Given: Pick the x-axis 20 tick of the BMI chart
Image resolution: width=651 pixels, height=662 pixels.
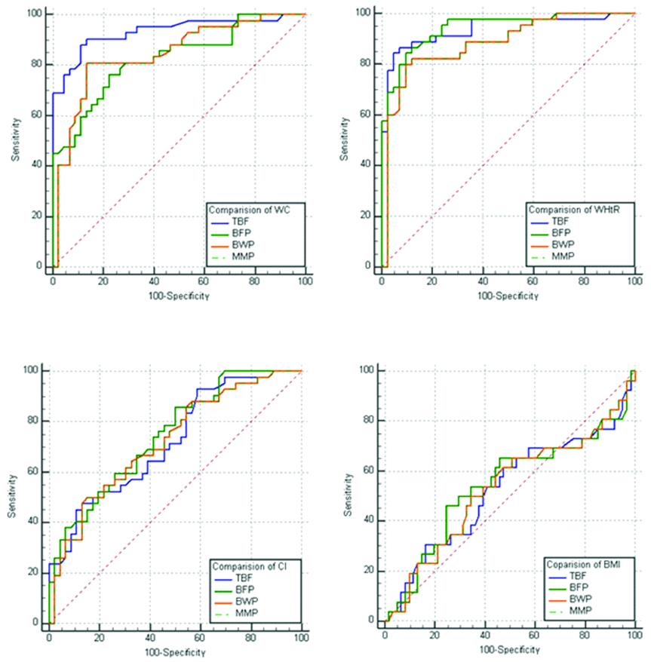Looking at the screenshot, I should point(434,635).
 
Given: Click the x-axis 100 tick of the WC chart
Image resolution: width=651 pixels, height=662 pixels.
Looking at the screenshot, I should point(305,280).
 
